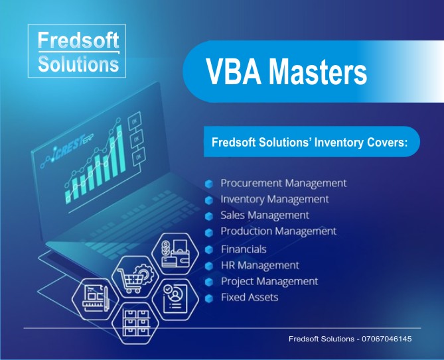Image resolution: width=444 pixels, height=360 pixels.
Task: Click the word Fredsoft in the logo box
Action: (78, 40)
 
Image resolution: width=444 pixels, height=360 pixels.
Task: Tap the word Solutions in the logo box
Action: (78, 64)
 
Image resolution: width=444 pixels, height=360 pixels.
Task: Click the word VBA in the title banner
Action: (234, 71)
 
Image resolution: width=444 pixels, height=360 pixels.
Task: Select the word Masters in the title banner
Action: (317, 71)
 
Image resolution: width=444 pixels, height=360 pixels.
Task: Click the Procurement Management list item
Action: (283, 183)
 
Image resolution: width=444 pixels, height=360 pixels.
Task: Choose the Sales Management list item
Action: (265, 215)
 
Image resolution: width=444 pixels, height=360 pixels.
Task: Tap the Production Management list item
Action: (278, 231)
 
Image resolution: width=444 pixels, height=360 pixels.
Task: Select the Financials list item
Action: (244, 249)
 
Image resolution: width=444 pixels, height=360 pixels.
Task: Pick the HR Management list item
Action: (260, 265)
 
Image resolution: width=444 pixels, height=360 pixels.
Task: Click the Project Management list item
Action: (269, 281)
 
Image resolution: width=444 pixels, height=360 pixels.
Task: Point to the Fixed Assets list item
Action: (250, 297)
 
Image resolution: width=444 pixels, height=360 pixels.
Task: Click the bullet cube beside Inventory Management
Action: (208, 200)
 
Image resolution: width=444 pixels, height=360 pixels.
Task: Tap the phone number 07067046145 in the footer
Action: (386, 339)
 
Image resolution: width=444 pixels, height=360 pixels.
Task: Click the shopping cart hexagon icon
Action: (135, 277)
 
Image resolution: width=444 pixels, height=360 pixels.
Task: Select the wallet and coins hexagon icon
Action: (175, 254)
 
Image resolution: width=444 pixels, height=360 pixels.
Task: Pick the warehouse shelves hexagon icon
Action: (135, 324)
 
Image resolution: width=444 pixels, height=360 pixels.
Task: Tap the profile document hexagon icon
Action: (175, 300)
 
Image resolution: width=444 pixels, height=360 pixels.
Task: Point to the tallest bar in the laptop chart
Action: (121, 149)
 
